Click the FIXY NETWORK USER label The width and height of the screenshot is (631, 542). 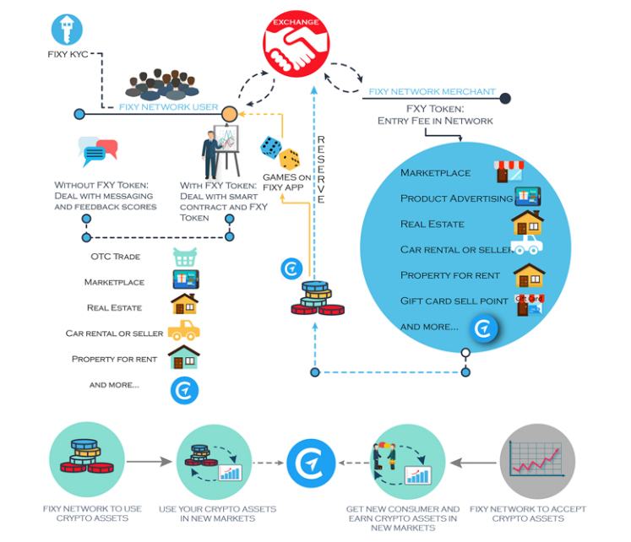click(x=168, y=107)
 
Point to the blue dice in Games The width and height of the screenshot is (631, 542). click(x=270, y=146)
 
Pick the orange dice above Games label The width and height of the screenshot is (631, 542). click(x=290, y=159)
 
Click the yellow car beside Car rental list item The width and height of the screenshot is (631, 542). click(x=183, y=330)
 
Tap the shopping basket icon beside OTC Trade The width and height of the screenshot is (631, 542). click(x=184, y=257)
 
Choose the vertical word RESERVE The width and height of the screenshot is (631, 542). click(x=321, y=169)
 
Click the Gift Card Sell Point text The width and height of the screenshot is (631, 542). click(x=454, y=301)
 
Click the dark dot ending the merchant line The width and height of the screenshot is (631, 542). click(x=505, y=99)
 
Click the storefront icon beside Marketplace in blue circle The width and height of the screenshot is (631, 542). click(x=509, y=171)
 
